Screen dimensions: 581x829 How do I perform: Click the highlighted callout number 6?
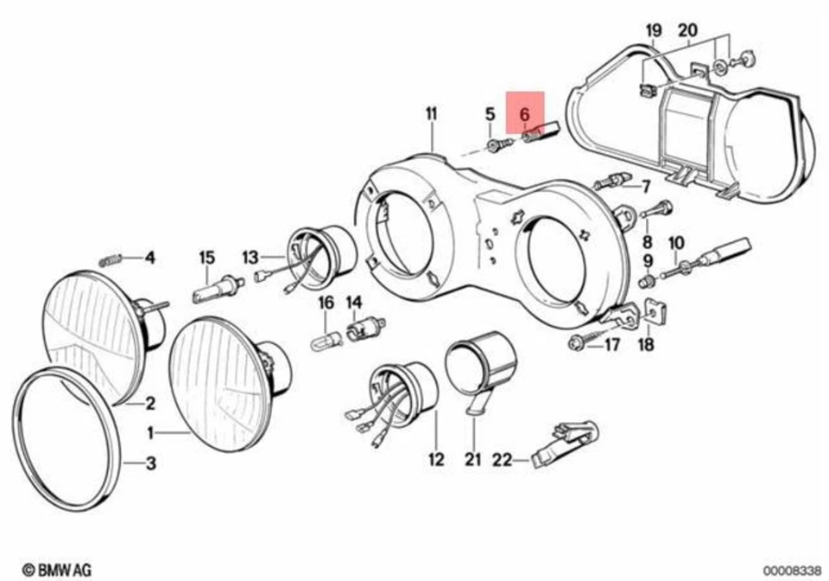pos(524,113)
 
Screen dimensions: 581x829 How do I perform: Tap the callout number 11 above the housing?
pos(431,113)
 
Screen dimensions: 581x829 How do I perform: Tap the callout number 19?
pos(654,33)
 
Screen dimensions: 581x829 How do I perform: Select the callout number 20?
pos(687,33)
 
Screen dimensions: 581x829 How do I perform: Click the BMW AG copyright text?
pos(56,570)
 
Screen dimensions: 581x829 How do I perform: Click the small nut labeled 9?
pos(645,283)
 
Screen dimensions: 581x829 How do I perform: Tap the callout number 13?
pos(250,257)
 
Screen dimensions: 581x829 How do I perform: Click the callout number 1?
pos(149,431)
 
